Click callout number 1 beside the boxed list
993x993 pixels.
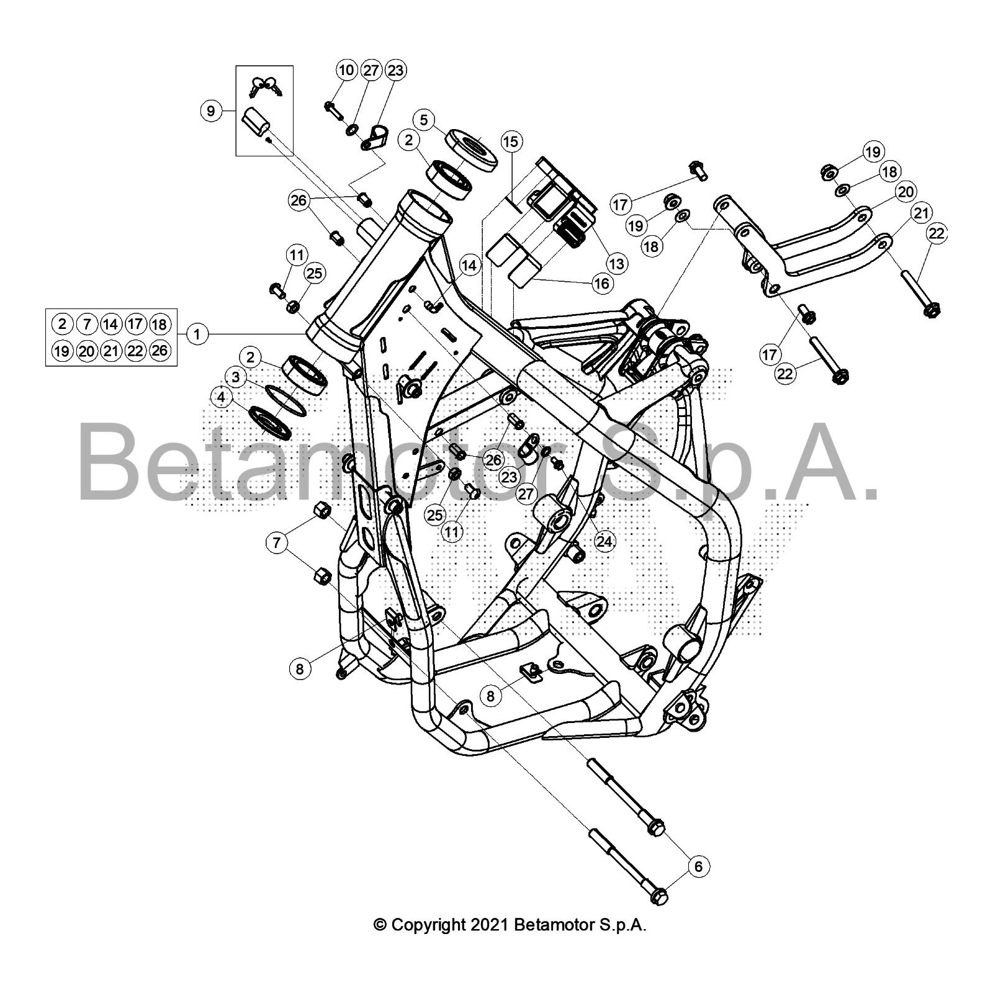(x=197, y=335)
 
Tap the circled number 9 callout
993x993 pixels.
(x=211, y=111)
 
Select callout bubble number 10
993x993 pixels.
(x=346, y=70)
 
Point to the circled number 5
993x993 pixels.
(x=424, y=119)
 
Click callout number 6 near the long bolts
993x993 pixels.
(x=698, y=866)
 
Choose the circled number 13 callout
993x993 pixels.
(x=616, y=264)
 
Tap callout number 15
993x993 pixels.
(x=510, y=142)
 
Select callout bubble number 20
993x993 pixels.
(x=906, y=192)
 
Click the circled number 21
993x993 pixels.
(x=922, y=213)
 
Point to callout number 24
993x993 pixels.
(x=604, y=542)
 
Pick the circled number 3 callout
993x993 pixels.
(x=235, y=377)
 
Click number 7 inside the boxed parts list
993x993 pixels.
(x=87, y=324)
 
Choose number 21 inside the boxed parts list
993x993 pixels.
(x=111, y=351)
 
